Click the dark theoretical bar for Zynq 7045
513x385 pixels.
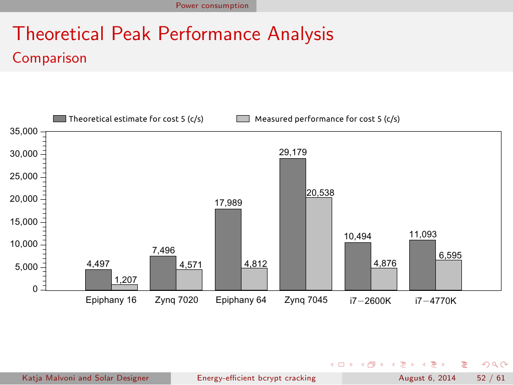point(293,224)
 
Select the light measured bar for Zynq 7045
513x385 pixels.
point(319,243)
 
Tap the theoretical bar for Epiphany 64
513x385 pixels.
point(228,249)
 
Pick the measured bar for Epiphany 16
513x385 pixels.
point(124,287)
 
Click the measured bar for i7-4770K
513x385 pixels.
point(448,275)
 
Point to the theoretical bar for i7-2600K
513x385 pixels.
point(358,266)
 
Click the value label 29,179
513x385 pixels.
point(293,152)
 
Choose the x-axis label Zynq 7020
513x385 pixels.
point(176,300)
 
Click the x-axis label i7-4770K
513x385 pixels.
point(435,301)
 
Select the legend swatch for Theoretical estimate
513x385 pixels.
point(59,119)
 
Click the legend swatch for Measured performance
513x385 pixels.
point(243,119)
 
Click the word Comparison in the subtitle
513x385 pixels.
point(50,58)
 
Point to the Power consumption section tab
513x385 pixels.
point(212,6)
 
